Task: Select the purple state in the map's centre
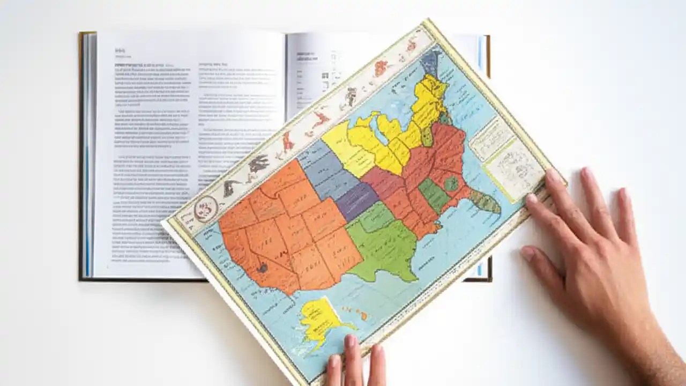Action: (x=356, y=201)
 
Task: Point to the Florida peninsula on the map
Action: (x=485, y=202)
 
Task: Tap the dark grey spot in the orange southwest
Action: (x=262, y=267)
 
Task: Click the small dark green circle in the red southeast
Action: (x=451, y=184)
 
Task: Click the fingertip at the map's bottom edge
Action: (x=352, y=343)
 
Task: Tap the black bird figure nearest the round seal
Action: (x=232, y=187)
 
